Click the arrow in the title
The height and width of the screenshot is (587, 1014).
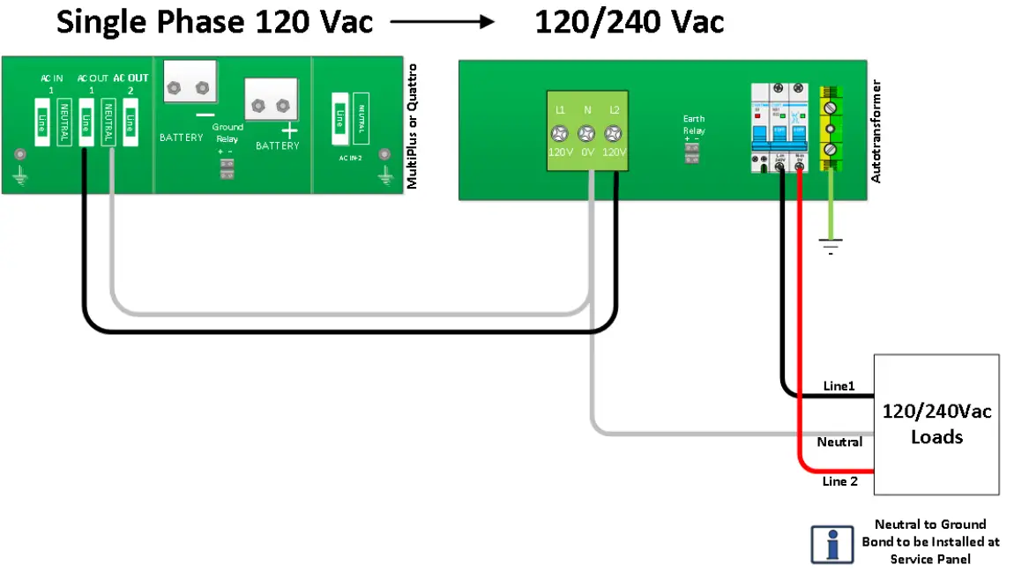443,21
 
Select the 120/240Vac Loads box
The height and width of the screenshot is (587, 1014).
936,424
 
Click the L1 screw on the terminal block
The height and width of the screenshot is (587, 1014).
560,134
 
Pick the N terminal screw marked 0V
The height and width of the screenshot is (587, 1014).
585,134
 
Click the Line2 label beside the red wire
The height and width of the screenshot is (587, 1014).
839,481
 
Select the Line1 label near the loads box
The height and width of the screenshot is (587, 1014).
839,386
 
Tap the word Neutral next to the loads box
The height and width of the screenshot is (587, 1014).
839,442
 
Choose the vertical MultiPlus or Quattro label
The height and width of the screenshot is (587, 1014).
412,126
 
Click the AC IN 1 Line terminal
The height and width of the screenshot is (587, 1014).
41,122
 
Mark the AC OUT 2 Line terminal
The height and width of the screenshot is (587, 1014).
130,122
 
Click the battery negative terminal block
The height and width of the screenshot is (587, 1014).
190,85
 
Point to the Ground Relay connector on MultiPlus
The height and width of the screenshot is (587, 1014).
227,169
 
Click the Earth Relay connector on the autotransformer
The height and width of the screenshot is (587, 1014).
692,153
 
